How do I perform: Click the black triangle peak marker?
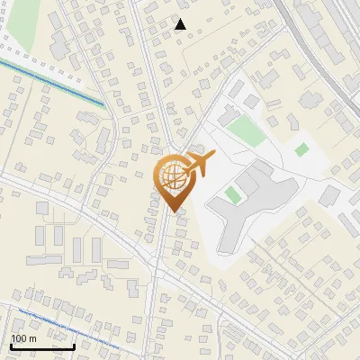point(181,24)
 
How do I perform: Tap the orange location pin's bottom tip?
point(172,212)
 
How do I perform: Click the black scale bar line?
point(42,346)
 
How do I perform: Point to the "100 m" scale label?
point(23,338)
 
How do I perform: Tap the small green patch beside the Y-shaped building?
point(233,194)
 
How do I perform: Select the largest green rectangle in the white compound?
point(245,130)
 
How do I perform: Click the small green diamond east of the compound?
point(301,149)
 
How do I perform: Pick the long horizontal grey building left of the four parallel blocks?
point(118,265)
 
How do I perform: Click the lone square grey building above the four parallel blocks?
point(42,208)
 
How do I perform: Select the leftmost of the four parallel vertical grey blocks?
point(40,237)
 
